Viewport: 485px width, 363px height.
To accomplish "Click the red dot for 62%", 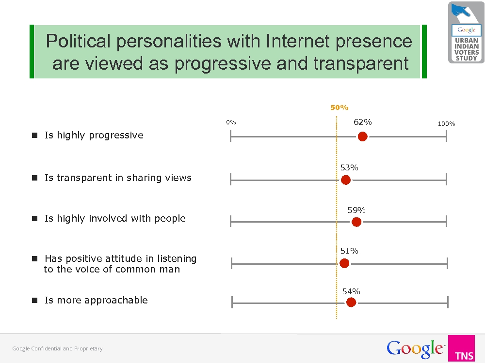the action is tap(362, 136).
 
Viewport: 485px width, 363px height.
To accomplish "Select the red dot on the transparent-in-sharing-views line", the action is tap(346, 180).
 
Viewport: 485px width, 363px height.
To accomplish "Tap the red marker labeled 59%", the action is tap(356, 222).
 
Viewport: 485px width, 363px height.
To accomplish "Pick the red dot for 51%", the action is tap(344, 263).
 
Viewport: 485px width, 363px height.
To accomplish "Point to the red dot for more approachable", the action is tap(351, 302).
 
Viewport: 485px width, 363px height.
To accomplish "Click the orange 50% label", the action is tap(339, 107).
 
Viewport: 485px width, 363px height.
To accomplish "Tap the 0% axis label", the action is tap(231, 122).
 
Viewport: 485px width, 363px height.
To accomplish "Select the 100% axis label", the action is tap(446, 124).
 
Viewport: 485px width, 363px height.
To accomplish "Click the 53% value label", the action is tap(349, 167).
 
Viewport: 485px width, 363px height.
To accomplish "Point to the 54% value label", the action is tap(351, 291).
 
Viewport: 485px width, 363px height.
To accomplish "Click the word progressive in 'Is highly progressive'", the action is tap(116, 136).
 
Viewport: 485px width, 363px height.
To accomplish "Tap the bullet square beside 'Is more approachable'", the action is tap(34, 301).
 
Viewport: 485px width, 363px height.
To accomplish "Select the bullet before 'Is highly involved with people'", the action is tap(34, 219).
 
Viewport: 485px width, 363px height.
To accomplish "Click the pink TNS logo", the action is tap(462, 348).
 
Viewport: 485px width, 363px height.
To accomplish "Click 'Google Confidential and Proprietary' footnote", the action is tap(58, 348).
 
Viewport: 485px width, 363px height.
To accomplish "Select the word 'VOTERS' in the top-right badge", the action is tap(467, 52).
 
